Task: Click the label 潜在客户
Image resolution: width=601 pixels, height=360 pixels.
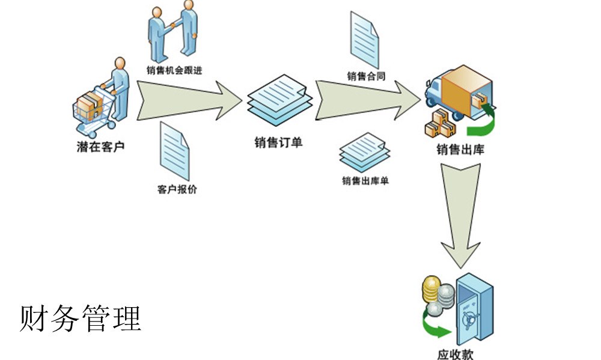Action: click(100, 146)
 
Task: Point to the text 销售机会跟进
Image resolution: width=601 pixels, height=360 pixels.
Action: click(174, 70)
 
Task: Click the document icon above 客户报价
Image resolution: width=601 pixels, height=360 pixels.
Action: click(174, 151)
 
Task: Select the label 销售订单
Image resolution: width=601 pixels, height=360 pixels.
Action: click(278, 143)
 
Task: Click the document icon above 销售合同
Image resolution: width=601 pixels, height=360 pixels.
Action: click(365, 39)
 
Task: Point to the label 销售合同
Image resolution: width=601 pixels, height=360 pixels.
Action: click(366, 76)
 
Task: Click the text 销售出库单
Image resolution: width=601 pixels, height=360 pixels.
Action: click(365, 180)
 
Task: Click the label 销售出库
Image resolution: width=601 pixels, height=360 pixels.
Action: click(460, 150)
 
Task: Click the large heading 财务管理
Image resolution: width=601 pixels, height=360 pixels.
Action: click(81, 318)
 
